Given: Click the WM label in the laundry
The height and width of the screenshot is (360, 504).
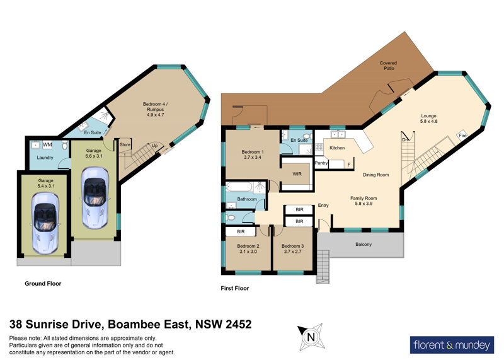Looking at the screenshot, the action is (47, 145).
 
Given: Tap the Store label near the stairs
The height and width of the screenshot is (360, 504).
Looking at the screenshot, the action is (125, 145).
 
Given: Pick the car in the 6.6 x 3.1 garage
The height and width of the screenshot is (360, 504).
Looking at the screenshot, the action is (94, 197).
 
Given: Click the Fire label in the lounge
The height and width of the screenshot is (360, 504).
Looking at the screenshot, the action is (462, 136).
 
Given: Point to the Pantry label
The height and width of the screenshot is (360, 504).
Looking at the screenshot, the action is (321, 163).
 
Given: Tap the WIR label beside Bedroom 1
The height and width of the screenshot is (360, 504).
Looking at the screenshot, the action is (297, 174).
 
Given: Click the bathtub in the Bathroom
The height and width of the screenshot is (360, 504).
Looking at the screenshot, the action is (239, 187).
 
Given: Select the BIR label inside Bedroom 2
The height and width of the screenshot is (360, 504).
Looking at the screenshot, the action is (241, 231).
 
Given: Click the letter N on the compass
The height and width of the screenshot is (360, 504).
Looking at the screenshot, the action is (311, 337).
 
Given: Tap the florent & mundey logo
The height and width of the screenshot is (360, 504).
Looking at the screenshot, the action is (452, 345).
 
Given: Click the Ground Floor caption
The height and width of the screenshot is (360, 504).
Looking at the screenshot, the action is (43, 284).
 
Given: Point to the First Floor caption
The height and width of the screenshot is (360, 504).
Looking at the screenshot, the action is (235, 288).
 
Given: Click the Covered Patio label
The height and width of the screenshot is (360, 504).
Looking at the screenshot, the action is (388, 66).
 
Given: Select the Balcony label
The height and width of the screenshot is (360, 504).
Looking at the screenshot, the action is (364, 245).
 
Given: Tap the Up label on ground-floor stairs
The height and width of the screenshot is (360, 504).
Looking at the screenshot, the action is (154, 146).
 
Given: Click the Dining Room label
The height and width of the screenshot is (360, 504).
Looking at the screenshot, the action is (375, 175).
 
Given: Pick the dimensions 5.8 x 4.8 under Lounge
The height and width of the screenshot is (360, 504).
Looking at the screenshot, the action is (429, 121).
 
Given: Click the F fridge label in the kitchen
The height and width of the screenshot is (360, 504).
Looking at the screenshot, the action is (349, 165).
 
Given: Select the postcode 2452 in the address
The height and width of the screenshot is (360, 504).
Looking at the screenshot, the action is (239, 324).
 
